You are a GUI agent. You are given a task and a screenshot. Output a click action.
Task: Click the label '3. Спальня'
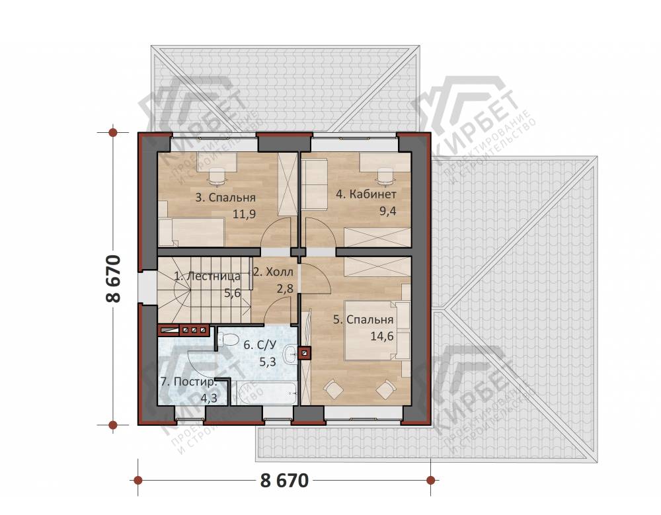click(x=225, y=198)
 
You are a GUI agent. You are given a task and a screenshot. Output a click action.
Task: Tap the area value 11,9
click(x=245, y=214)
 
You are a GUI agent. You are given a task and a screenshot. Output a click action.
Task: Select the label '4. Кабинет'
click(x=366, y=194)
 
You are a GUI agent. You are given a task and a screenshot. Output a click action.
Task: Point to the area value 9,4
click(x=388, y=211)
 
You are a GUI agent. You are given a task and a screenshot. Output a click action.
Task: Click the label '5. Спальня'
click(x=364, y=320)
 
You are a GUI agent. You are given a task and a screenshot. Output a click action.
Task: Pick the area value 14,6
click(x=382, y=336)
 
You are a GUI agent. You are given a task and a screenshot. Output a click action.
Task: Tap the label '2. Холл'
click(x=273, y=272)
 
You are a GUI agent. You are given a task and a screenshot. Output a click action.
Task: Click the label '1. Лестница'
click(x=208, y=276)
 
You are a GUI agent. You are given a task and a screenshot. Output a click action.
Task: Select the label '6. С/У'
click(x=260, y=345)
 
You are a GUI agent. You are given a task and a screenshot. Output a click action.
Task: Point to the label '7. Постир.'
click(x=188, y=382)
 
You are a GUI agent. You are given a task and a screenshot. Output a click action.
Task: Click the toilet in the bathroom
click(x=226, y=338)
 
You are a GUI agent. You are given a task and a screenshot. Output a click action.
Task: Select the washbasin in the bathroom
click(x=290, y=355)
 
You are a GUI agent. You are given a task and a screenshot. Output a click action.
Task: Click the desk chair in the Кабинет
click(x=385, y=177)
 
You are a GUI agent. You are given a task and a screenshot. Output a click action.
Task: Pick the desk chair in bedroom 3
click(x=217, y=177)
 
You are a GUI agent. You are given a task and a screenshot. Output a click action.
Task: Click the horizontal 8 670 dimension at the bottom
click(x=284, y=480)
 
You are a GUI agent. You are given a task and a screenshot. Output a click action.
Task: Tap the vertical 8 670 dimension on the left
click(x=114, y=278)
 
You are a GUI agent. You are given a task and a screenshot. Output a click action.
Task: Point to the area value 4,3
click(x=209, y=398)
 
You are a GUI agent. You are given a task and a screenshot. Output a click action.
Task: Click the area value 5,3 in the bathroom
click(x=268, y=362)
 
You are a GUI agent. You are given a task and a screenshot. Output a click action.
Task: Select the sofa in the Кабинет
click(x=314, y=184)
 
